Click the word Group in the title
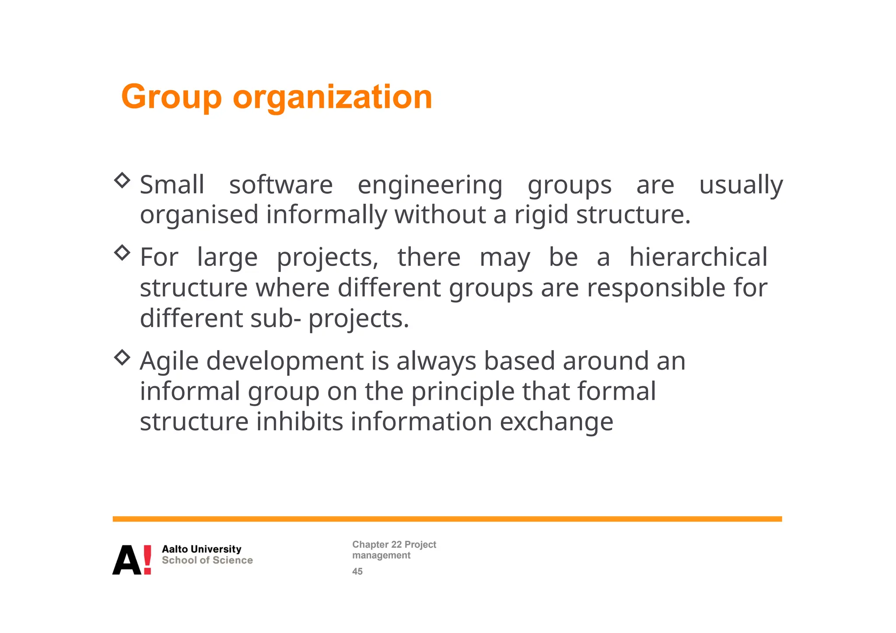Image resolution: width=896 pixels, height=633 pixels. [171, 97]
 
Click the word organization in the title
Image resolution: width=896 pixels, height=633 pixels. [332, 97]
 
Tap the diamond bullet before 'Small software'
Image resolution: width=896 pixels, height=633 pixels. [122, 180]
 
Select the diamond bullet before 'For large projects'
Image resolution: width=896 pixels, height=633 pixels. [122, 252]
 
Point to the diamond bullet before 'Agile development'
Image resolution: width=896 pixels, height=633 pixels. [122, 357]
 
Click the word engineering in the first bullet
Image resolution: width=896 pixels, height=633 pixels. [430, 185]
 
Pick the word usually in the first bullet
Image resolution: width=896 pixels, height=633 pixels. [741, 185]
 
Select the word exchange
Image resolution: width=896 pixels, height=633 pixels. [556, 423]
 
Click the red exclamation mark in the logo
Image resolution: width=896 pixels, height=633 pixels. [147, 560]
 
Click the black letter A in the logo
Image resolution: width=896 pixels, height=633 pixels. [127, 560]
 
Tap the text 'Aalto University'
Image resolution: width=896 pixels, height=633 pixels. [202, 549]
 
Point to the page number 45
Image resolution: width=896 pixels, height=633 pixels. [357, 571]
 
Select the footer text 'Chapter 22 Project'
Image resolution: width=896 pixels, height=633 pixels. [394, 545]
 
